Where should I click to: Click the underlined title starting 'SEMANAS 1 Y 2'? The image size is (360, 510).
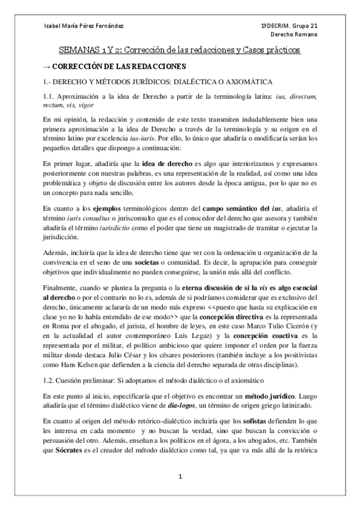coord(180,51)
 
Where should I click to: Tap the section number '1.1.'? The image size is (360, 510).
coord(49,96)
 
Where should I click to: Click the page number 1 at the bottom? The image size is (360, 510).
coord(180,478)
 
